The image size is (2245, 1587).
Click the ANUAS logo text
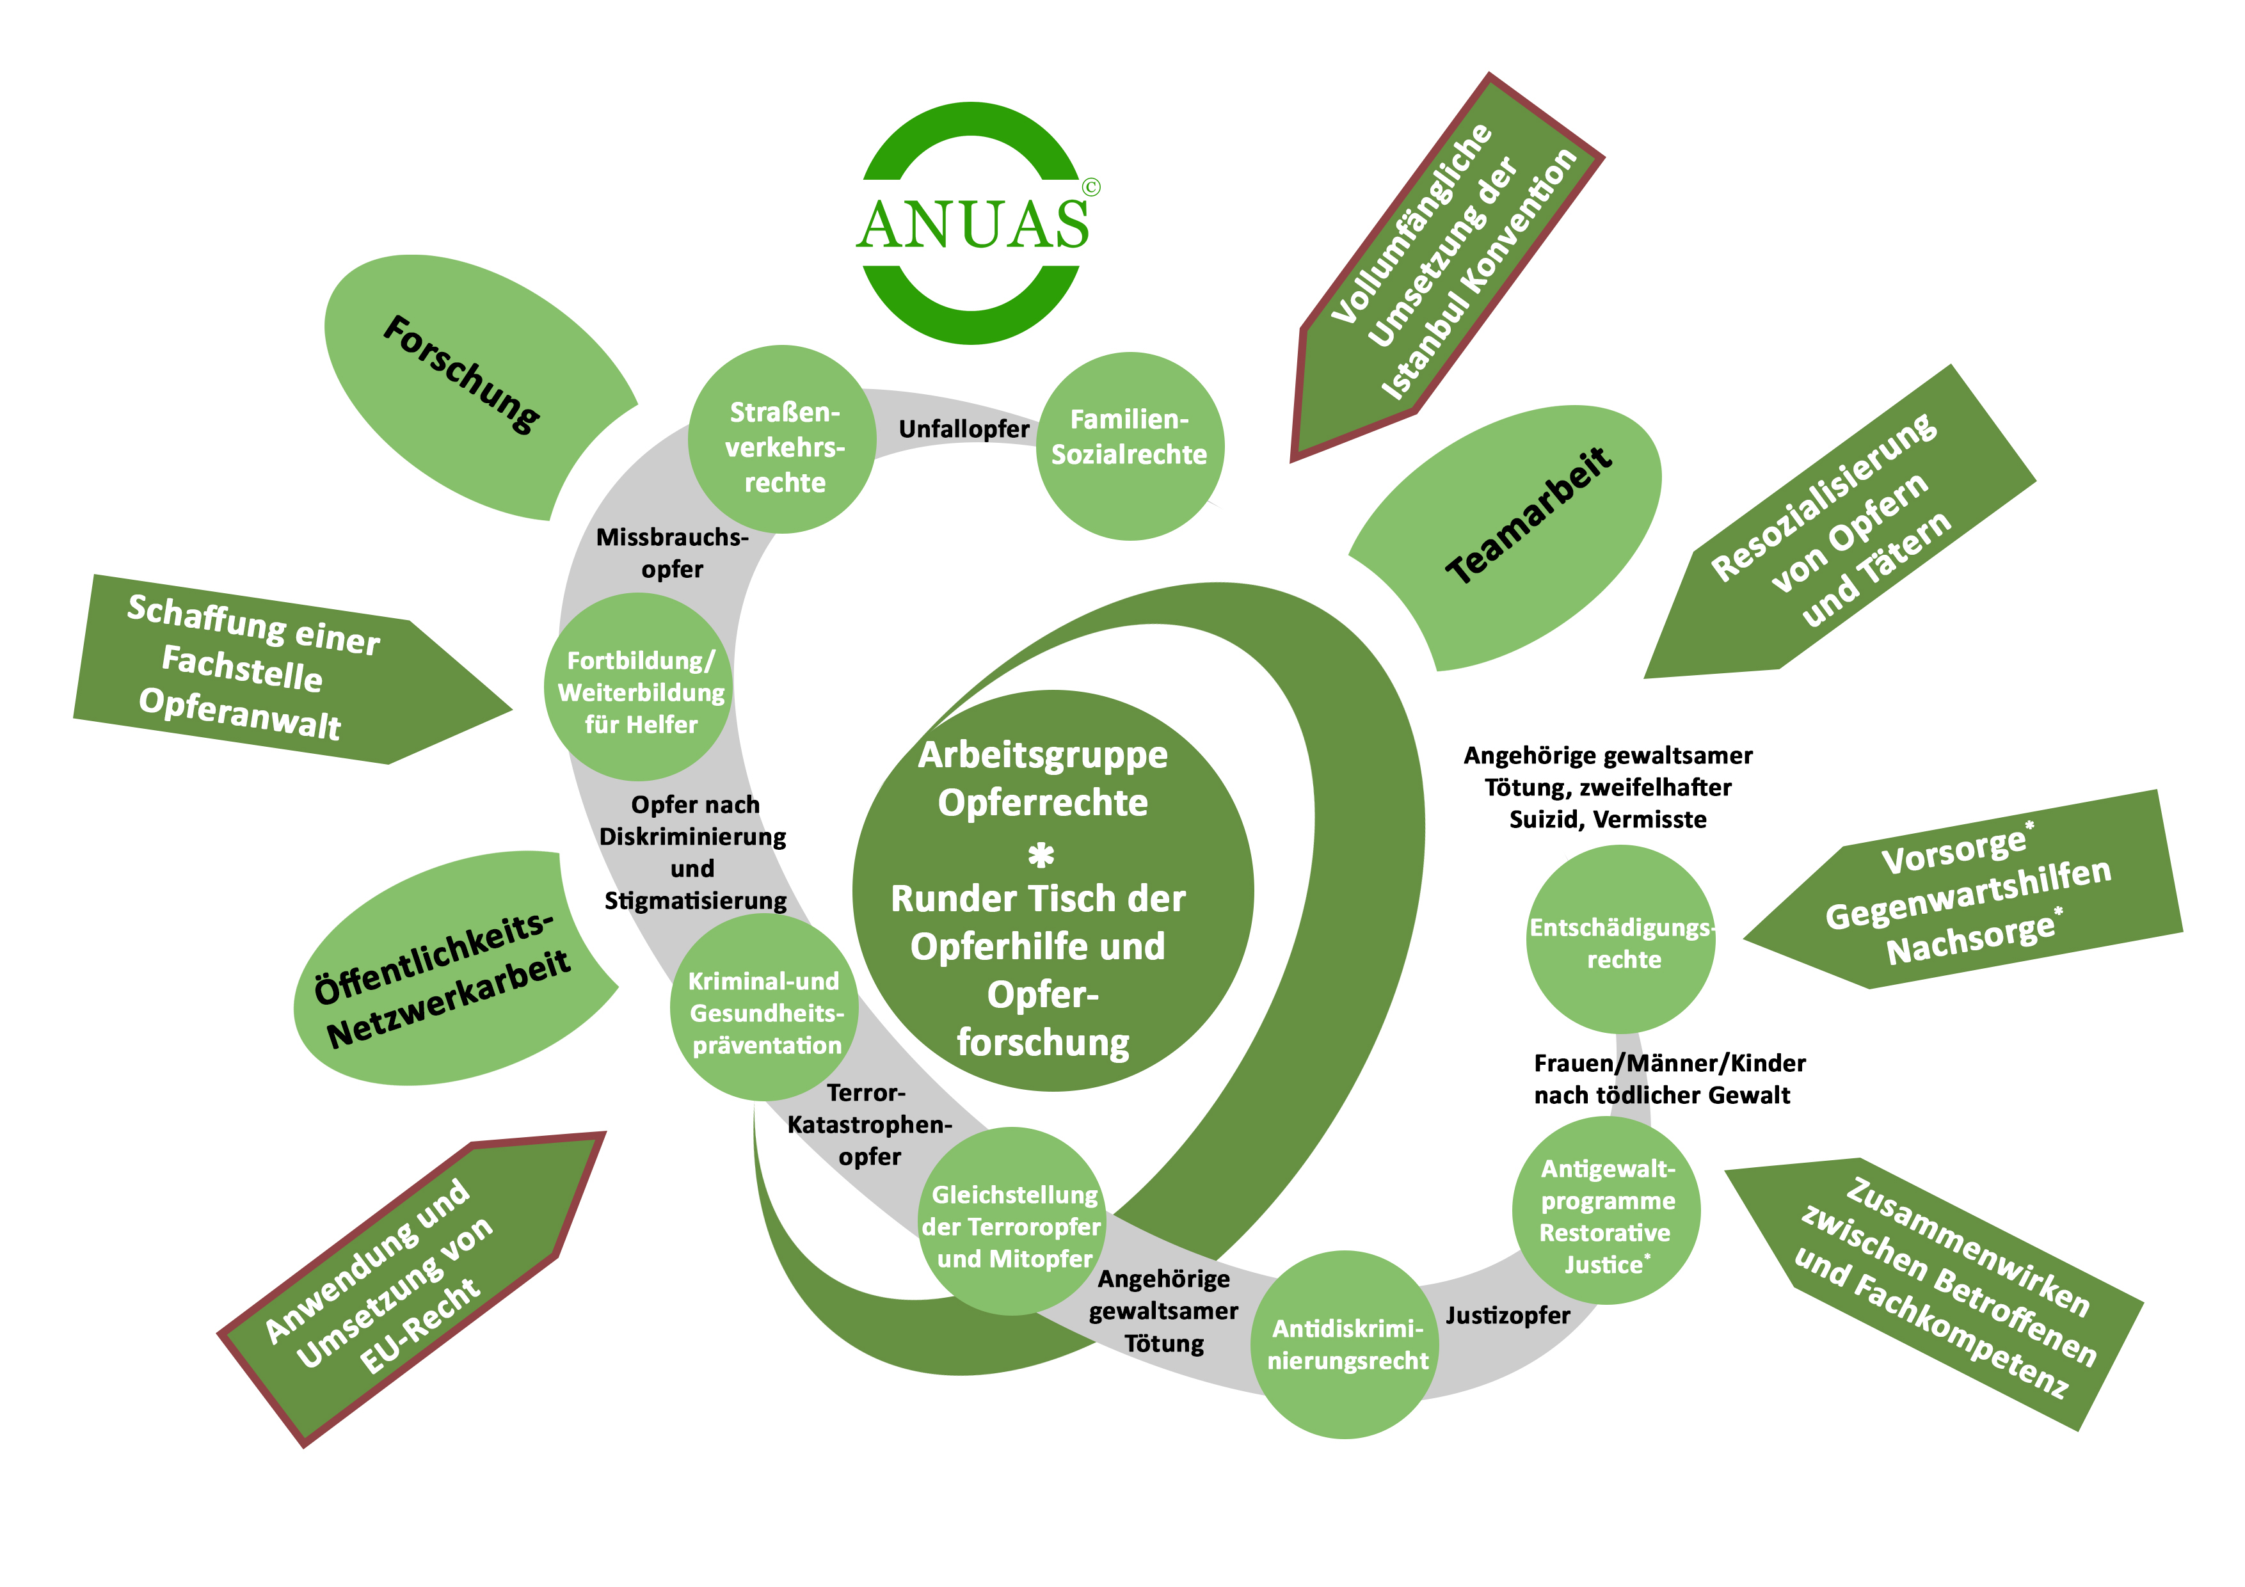pos(973,224)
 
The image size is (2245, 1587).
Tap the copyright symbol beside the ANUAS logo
pos(1091,187)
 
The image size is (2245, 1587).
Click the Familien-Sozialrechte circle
pos(1130,445)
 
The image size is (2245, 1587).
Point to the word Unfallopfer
pos(963,429)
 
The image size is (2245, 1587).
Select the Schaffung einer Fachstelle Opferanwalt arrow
pos(264,670)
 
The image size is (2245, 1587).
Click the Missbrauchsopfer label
pos(672,552)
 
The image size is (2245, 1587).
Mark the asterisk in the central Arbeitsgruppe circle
pos(1041,856)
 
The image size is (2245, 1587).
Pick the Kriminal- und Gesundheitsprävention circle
pos(765,1013)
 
